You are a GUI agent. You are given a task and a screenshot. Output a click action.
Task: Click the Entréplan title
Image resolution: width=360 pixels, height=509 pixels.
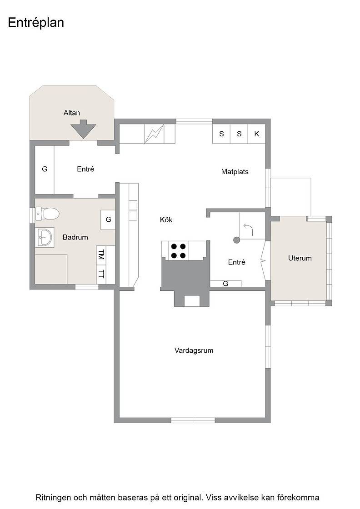[x=36, y=23]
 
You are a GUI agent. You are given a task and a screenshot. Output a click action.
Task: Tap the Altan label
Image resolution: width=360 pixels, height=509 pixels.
[x=72, y=113]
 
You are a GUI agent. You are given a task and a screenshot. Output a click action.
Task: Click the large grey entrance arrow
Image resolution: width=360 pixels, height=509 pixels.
[x=84, y=129]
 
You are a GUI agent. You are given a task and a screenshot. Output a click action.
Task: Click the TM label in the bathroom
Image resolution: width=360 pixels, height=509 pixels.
[x=101, y=254]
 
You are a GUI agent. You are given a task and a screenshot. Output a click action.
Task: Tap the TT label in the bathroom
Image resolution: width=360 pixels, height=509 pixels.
[x=101, y=274]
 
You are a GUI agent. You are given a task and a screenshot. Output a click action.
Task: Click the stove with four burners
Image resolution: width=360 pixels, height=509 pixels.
[x=178, y=251]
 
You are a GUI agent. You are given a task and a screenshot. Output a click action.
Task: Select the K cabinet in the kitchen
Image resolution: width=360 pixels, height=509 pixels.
[x=257, y=134]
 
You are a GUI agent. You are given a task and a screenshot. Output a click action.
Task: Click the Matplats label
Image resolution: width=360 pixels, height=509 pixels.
[x=235, y=172]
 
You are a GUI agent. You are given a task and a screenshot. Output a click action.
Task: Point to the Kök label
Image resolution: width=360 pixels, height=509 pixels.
[x=166, y=220]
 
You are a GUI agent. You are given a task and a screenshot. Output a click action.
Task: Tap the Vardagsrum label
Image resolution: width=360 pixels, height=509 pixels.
[x=194, y=350]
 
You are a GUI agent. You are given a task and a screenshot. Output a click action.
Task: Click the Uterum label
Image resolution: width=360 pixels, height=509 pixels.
[x=300, y=259]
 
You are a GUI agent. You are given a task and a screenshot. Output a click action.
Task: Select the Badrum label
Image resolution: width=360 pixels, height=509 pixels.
[x=75, y=237]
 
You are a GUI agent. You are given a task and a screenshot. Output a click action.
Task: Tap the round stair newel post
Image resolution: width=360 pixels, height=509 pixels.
[x=236, y=240]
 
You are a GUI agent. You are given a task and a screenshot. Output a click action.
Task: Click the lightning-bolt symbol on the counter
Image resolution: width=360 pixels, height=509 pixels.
[x=154, y=134]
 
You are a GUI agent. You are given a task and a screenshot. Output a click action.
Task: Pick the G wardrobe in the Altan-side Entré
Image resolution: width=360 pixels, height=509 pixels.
[x=45, y=169]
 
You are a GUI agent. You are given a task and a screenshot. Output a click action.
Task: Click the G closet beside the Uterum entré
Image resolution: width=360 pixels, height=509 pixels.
[x=225, y=284]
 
